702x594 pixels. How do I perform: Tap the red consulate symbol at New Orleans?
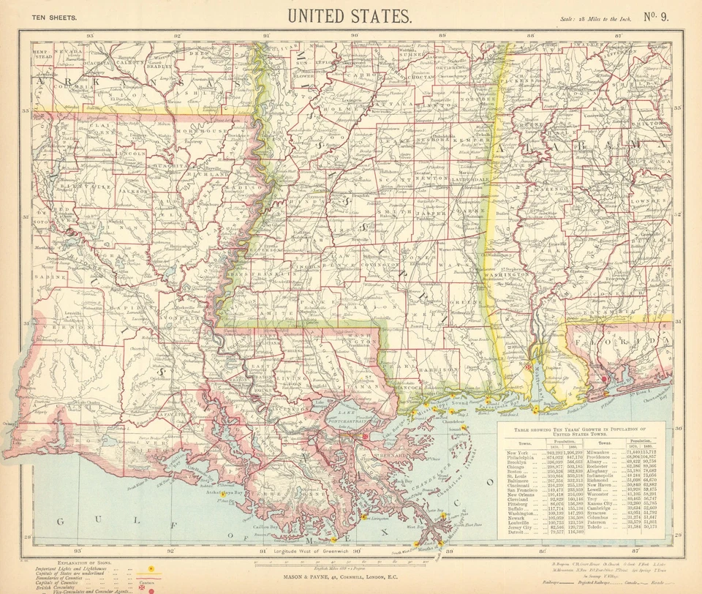[x=365, y=437]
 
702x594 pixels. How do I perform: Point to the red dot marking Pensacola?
[x=604, y=380]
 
